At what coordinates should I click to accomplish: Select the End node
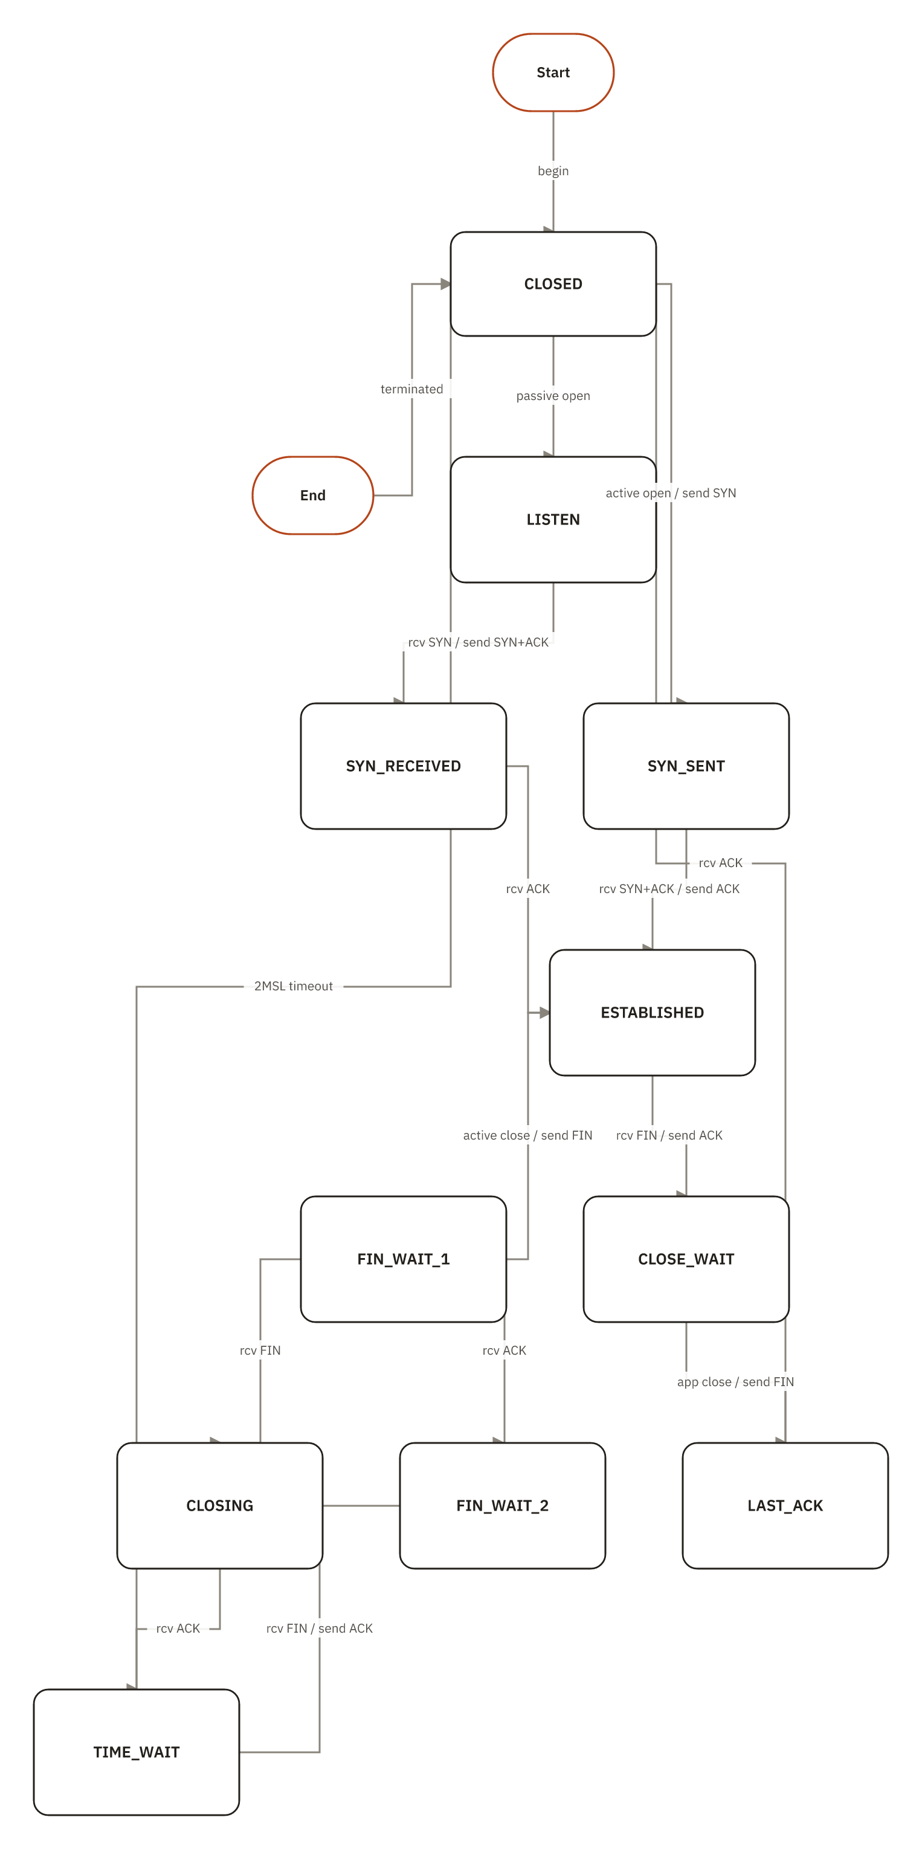(312, 495)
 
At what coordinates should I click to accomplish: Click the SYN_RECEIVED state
(403, 766)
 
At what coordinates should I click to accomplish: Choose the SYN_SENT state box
(686, 766)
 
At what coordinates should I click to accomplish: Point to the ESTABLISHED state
(651, 1012)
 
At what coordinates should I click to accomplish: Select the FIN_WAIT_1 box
(403, 1259)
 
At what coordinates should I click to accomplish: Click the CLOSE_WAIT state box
(686, 1259)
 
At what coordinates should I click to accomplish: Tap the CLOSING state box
(219, 1505)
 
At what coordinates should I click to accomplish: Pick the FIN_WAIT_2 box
(502, 1505)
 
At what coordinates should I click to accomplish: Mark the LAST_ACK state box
(785, 1505)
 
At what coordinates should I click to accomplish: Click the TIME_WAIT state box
(137, 1752)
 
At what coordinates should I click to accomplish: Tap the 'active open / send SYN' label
(670, 493)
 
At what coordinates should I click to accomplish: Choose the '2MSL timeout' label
(293, 986)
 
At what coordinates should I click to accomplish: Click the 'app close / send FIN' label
(735, 1382)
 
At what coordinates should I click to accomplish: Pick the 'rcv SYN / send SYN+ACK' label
(478, 642)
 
